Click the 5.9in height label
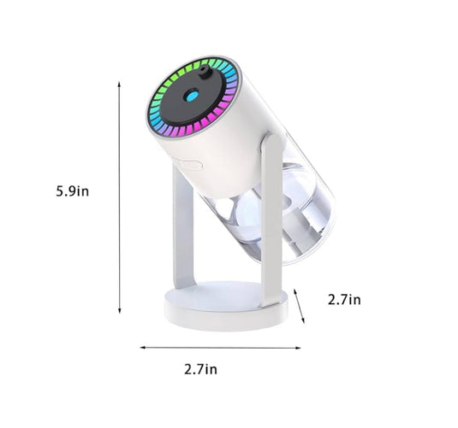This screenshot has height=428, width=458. coord(73,191)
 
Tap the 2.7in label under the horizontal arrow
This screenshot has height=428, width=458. coord(200,369)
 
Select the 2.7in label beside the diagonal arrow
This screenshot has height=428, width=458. coord(344,300)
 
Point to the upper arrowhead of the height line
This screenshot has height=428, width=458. coord(119,85)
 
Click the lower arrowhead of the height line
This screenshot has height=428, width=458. coord(119,311)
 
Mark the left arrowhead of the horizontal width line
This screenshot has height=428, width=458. coord(143,347)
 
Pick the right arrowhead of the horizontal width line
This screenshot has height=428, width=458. coord(298,348)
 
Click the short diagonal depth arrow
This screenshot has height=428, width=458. coord(299,306)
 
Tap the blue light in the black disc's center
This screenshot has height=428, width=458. coord(192,96)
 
